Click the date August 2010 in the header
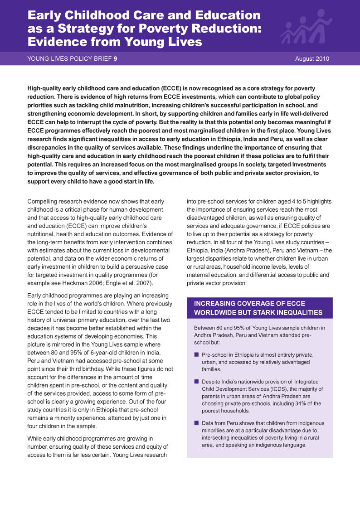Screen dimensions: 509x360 [x=312, y=58]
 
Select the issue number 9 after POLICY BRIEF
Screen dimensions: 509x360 [x=116, y=58]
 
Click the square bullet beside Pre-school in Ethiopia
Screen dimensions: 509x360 [x=196, y=354]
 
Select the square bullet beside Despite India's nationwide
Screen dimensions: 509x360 [x=196, y=382]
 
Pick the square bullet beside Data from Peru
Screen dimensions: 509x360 [x=196, y=423]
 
